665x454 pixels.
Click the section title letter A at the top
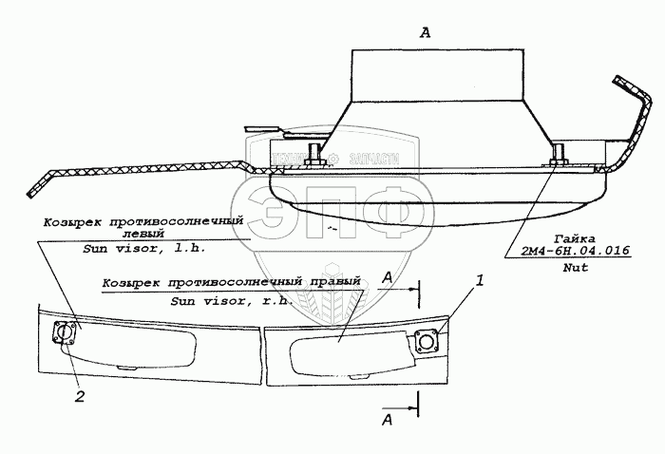[425, 32]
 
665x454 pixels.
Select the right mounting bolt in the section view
[558, 155]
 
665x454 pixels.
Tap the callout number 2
[80, 397]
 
